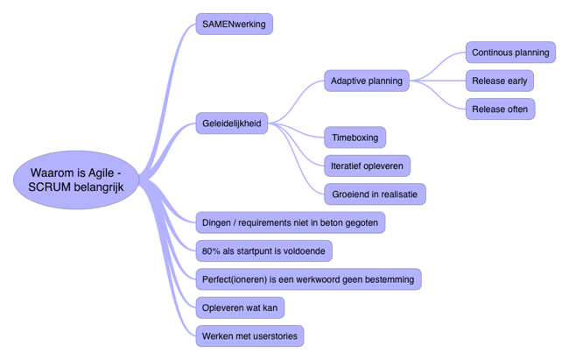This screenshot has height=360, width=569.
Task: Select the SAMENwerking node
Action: tap(234, 24)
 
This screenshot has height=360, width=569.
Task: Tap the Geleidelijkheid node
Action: tap(231, 124)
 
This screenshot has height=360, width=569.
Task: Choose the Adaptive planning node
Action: tap(367, 81)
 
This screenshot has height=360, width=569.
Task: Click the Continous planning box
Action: tap(510, 53)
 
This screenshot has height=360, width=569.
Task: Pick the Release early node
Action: tap(499, 81)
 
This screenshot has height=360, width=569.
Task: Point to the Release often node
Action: tap(500, 109)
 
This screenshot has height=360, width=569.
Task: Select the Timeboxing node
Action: tap(355, 138)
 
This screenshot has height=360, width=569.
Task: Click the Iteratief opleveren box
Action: tap(367, 166)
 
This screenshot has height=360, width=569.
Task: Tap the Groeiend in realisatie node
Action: tap(375, 194)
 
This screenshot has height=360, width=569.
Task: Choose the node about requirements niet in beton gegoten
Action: tap(290, 222)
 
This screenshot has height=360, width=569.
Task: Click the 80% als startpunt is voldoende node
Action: tap(263, 251)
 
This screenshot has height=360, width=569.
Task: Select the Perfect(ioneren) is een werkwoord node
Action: tap(308, 279)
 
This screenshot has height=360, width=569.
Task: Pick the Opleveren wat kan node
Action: tap(240, 307)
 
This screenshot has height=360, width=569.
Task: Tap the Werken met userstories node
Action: tap(249, 335)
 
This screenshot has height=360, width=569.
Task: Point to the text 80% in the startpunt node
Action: tap(211, 251)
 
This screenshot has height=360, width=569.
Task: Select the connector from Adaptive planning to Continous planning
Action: tap(440, 63)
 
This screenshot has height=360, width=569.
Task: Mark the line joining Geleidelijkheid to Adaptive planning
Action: tap(298, 98)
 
